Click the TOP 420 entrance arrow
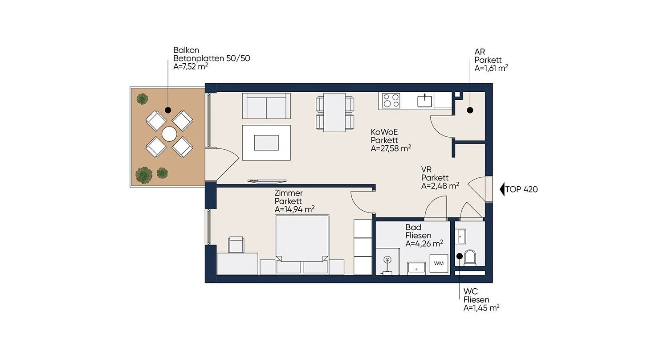pos(502,189)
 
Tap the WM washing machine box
pos(439,263)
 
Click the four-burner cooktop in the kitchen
pos(391,101)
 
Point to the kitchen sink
pos(424,101)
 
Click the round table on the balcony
pos(169,134)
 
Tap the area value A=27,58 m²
pos(391,148)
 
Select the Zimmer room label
pos(289,193)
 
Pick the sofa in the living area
pos(266,106)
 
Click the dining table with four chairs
pos(335,112)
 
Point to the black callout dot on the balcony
pos(168,110)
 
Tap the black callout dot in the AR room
pos(470,110)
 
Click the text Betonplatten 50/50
pos(212,58)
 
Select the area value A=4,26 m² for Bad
pos(424,244)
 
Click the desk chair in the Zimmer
pos(236,245)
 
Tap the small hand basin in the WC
pos(461,237)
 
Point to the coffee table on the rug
pos(266,143)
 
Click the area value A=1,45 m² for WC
pos(481,308)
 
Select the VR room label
pos(426,169)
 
